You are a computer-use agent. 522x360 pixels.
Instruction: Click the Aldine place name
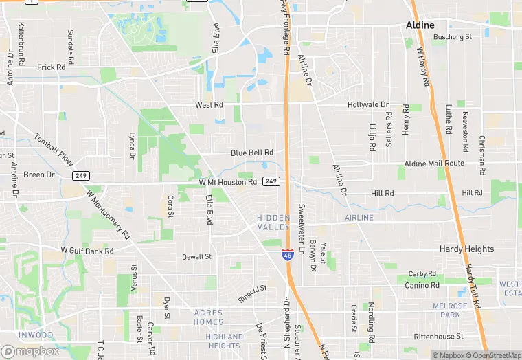(416, 25)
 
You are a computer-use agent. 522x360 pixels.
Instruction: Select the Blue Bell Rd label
(252, 153)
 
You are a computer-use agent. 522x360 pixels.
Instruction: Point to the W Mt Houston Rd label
(227, 182)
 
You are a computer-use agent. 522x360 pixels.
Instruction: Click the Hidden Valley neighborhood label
(273, 222)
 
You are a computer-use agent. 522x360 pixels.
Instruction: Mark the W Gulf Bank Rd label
(87, 251)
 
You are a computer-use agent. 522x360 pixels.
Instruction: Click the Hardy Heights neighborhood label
(467, 249)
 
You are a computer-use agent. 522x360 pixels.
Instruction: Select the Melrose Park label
(450, 310)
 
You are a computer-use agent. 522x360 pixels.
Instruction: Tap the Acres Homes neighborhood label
(208, 317)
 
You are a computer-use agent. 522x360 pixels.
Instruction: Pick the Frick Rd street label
(51, 67)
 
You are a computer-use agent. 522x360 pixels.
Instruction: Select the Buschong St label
(453, 36)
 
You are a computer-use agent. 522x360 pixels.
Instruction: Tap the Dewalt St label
(196, 257)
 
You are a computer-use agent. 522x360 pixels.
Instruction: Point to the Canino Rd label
(422, 285)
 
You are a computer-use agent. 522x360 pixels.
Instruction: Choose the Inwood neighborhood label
(36, 335)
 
